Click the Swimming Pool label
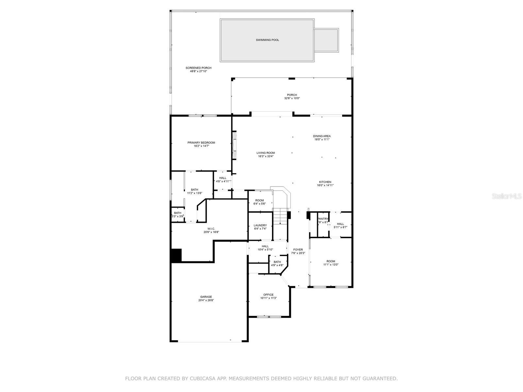pos(267,40)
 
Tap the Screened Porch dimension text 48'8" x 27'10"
pos(198,71)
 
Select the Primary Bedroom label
pos(201,142)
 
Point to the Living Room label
pos(266,153)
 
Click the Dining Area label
pos(322,136)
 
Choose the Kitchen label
pos(325,182)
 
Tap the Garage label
pos(206,297)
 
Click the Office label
pos(268,295)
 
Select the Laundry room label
pos(260,225)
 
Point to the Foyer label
pos(298,250)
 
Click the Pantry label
pos(323,219)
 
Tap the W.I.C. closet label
pos(211,229)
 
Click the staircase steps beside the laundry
pos(280,216)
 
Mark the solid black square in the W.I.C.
pos(177,256)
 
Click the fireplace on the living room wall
pos(234,145)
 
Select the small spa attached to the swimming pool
pos(326,40)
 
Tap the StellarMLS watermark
pos(506,196)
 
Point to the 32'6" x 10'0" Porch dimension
pos(292,98)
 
